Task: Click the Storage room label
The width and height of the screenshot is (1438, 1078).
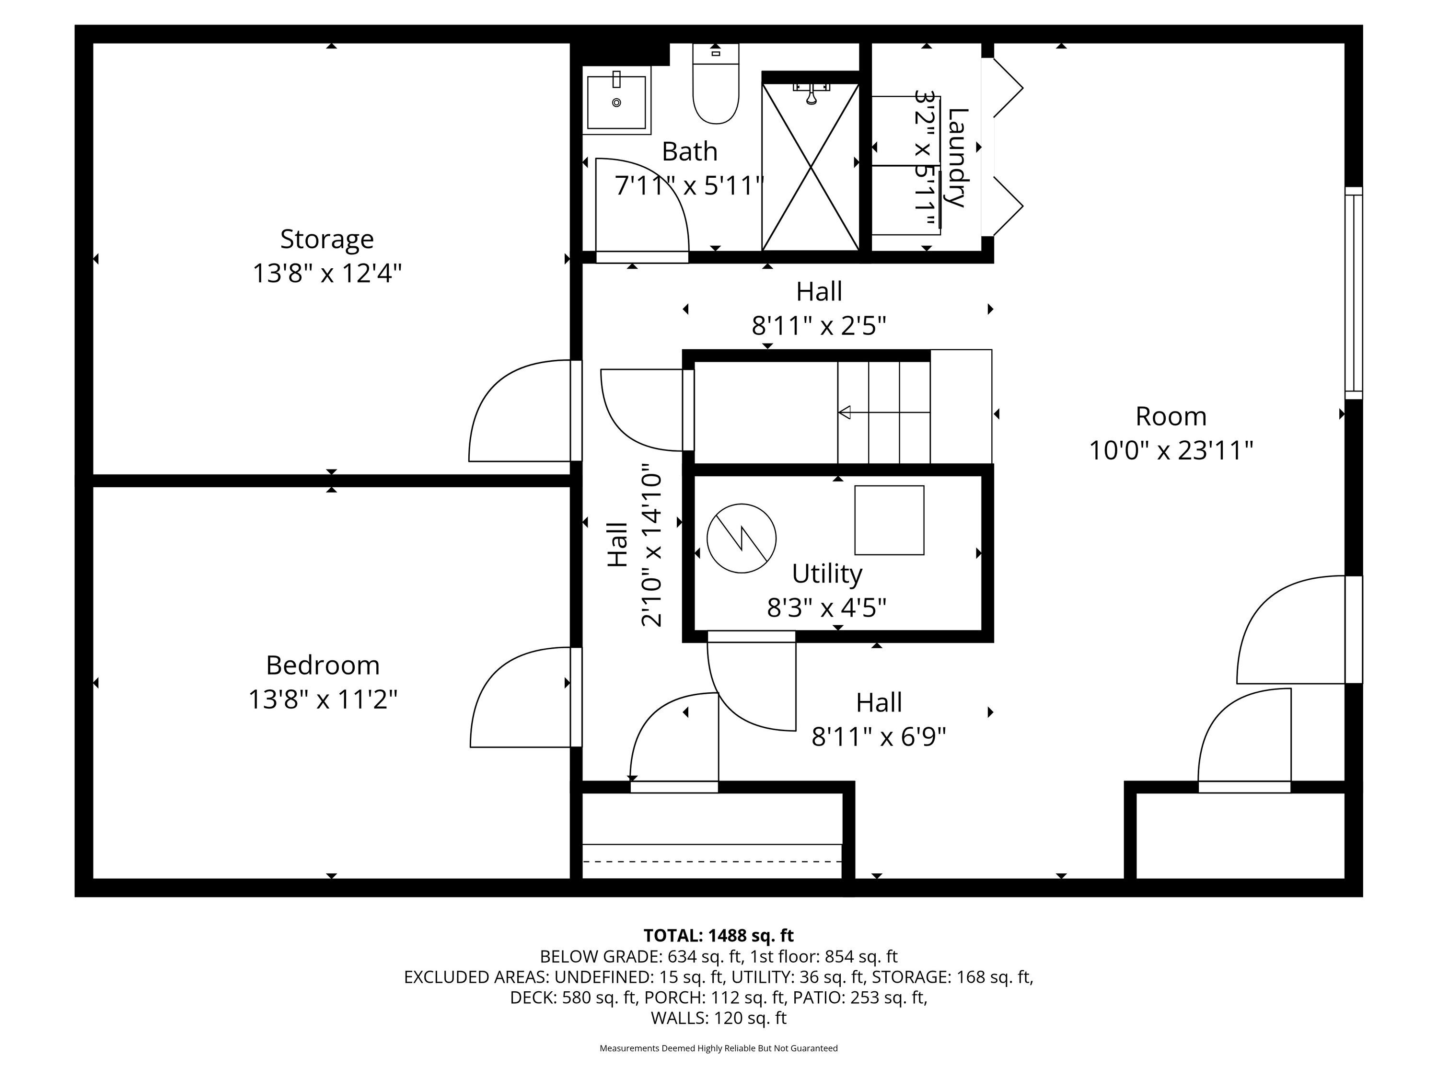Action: pyautogui.click(x=327, y=240)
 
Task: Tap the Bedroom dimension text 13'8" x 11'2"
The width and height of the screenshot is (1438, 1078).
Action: pyautogui.click(x=323, y=700)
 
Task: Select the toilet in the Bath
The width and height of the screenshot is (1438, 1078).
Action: pyautogui.click(x=716, y=84)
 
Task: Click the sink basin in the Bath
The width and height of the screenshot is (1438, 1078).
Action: pyautogui.click(x=616, y=100)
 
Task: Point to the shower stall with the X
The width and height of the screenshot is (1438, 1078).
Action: pyautogui.click(x=811, y=167)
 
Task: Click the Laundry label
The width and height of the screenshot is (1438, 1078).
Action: pyautogui.click(x=958, y=158)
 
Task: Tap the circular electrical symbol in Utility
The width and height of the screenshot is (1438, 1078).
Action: pyautogui.click(x=741, y=539)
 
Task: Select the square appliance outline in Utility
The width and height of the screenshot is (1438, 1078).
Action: pyautogui.click(x=889, y=520)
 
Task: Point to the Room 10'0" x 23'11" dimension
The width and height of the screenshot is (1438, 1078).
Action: pyautogui.click(x=1171, y=450)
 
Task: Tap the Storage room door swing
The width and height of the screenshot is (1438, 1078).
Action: pyautogui.click(x=520, y=411)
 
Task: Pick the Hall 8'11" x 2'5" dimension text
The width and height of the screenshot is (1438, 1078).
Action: pyautogui.click(x=819, y=325)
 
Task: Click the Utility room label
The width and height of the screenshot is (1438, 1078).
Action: pyautogui.click(x=827, y=574)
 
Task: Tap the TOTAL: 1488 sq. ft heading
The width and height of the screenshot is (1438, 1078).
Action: pyautogui.click(x=719, y=936)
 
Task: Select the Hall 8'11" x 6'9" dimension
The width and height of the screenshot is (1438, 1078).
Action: pyautogui.click(x=879, y=737)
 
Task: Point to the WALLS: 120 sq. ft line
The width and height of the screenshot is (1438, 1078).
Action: pyautogui.click(x=719, y=1018)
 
